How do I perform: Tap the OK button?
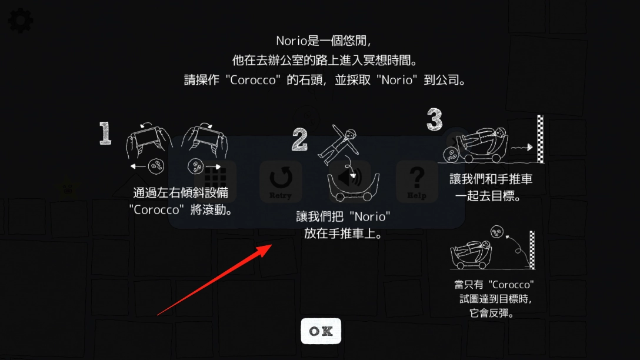click(321, 331)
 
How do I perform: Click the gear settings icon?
click(20, 21)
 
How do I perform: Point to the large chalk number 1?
click(105, 133)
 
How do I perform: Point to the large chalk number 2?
click(299, 139)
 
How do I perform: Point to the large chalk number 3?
click(434, 119)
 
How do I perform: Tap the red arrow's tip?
click(272, 245)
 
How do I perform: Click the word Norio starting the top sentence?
click(291, 41)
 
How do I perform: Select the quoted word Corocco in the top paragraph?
click(253, 80)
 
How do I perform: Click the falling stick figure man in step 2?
click(339, 144)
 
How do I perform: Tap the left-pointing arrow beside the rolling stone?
click(138, 166)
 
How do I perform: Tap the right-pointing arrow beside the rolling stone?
click(213, 166)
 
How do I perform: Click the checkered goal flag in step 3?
click(541, 139)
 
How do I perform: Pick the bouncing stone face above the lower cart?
click(496, 232)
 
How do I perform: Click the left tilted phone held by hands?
click(148, 139)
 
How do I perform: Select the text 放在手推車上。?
click(344, 234)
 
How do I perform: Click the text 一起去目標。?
click(488, 196)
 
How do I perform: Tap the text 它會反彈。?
click(491, 313)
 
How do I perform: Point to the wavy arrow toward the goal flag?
click(522, 147)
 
